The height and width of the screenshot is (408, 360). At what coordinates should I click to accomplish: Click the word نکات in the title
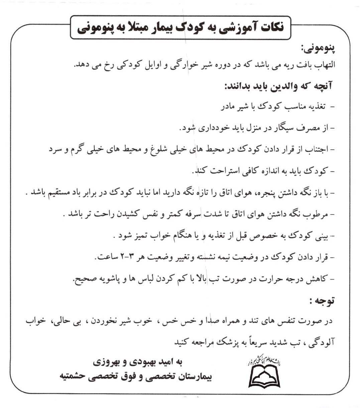[267, 27]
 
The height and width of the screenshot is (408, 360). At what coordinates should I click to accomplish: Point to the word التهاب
[323, 64]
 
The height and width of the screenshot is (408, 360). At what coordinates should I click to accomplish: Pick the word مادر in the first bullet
[229, 107]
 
